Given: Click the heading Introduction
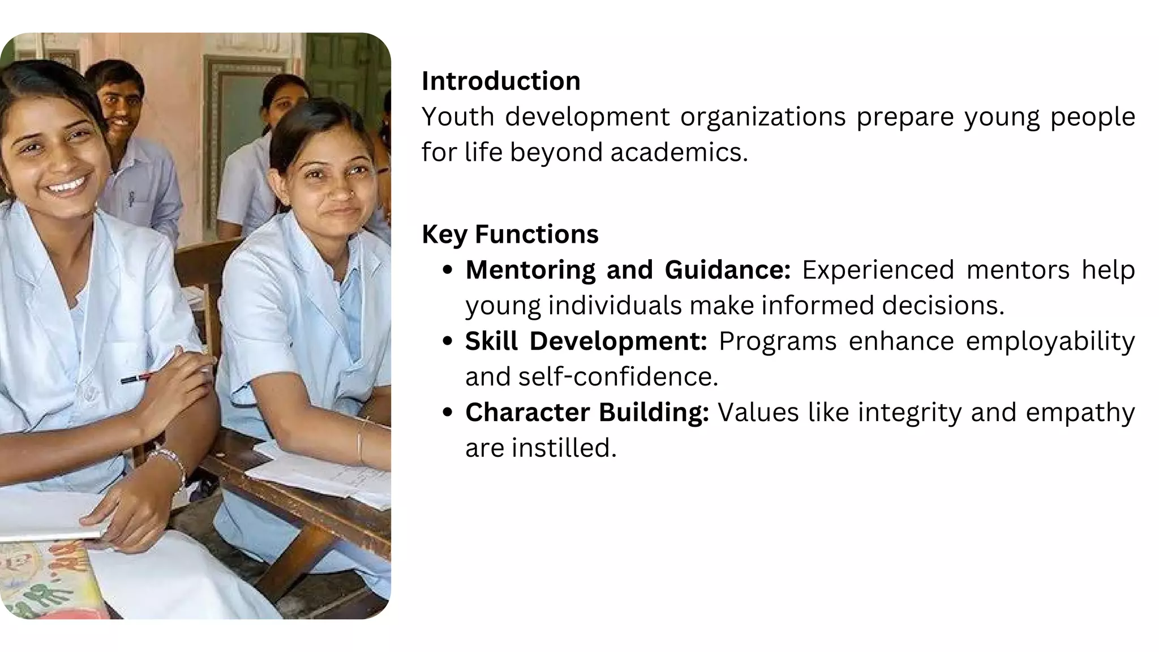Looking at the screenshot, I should [x=501, y=81].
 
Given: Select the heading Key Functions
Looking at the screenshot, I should [x=510, y=234].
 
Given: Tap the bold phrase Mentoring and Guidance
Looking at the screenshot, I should [x=628, y=270].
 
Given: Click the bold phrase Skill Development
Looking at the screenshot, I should [x=586, y=341].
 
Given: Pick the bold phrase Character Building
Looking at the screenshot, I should [x=587, y=413].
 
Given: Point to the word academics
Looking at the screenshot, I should [x=679, y=152].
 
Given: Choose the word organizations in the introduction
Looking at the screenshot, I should [x=763, y=117].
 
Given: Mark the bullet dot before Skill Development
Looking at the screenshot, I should [x=448, y=341].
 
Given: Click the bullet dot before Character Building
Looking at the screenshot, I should [x=448, y=413].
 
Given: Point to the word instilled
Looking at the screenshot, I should [x=564, y=448].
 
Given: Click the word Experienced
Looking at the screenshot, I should [x=878, y=270].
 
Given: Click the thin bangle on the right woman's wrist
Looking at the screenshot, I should [x=359, y=441].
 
